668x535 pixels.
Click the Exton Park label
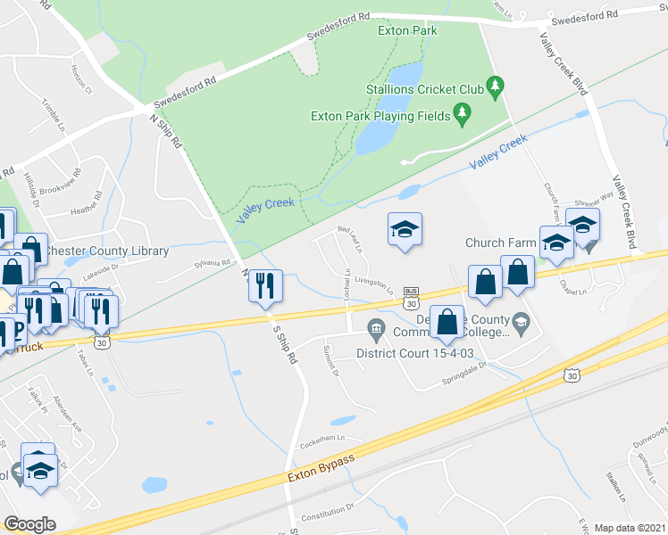click(407, 30)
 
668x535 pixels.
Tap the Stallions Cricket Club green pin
click(496, 87)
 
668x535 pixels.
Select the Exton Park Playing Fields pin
click(462, 113)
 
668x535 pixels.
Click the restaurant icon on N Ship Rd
click(264, 286)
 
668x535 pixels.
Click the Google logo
click(29, 523)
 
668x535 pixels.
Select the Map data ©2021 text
click(630, 528)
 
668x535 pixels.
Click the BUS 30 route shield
click(412, 297)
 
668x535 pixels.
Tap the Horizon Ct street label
click(83, 82)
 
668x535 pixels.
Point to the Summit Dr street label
click(331, 360)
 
